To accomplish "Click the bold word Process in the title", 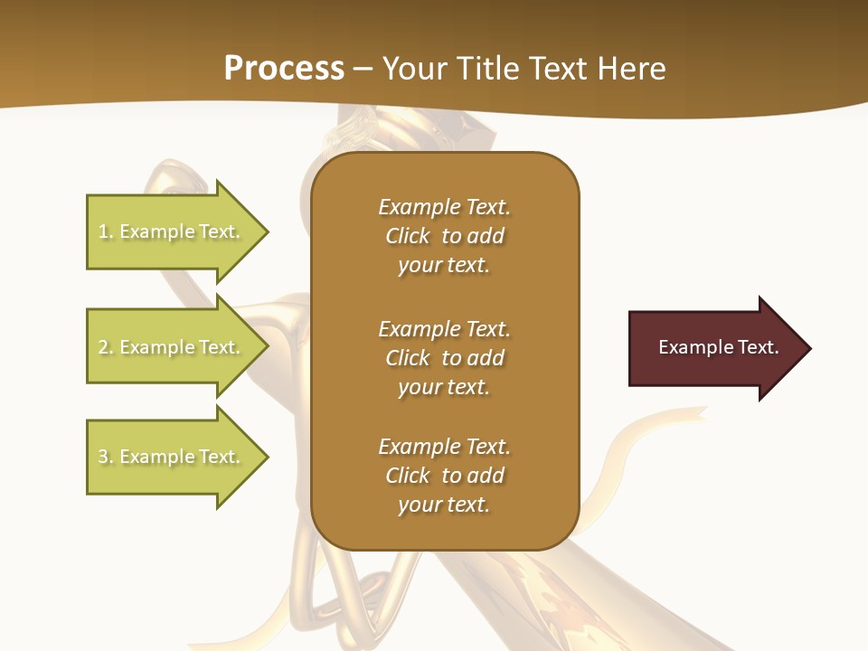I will (284, 69).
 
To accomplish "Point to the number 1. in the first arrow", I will (106, 231).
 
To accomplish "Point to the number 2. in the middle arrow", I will (106, 347).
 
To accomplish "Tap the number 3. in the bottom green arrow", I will (106, 457).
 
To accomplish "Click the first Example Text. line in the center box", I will (444, 207).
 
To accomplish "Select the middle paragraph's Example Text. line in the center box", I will (444, 329).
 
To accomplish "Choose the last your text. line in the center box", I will (444, 505).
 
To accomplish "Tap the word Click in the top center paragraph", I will (408, 236).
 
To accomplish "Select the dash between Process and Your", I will (363, 69).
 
